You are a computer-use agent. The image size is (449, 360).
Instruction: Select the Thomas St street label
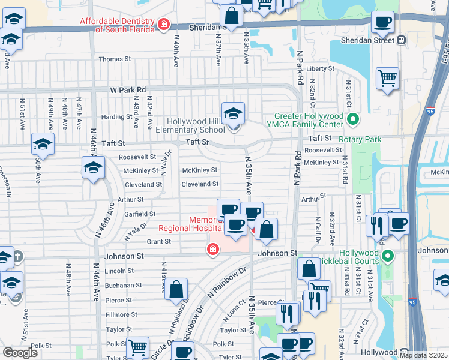(x=115, y=59)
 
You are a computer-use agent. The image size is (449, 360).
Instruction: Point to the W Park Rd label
(x=128, y=89)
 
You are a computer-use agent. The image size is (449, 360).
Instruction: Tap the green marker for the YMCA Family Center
(x=352, y=120)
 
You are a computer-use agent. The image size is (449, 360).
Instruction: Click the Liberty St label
(x=320, y=69)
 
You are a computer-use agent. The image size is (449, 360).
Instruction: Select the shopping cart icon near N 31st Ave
(x=388, y=78)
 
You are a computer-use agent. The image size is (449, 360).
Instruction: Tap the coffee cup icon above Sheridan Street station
(x=382, y=23)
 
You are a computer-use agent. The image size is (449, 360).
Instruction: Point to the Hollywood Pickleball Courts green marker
(x=387, y=257)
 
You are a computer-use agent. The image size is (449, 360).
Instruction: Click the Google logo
(x=20, y=353)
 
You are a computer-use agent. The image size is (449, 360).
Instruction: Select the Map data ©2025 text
(x=423, y=355)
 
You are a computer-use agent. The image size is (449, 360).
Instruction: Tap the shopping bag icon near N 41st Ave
(x=178, y=290)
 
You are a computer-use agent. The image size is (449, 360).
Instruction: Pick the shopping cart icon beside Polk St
(x=139, y=347)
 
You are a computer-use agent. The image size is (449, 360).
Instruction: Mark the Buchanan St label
(x=123, y=286)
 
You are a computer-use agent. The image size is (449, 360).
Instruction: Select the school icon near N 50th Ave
(x=43, y=145)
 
